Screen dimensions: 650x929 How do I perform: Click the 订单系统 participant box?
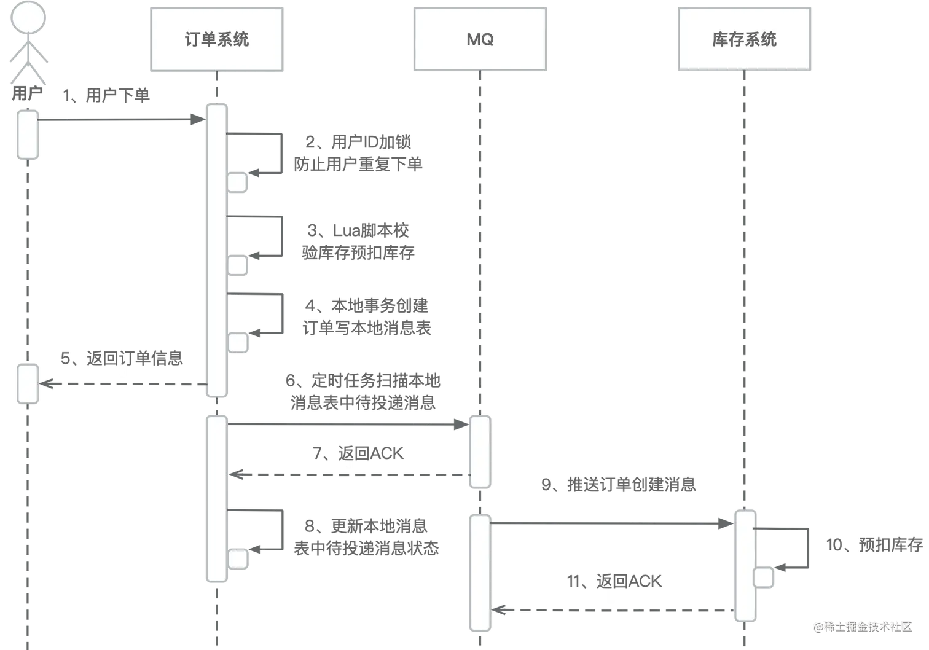216,39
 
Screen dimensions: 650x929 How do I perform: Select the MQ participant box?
479,39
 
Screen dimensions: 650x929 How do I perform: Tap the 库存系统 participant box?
744,39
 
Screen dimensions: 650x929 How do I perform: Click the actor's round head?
26,17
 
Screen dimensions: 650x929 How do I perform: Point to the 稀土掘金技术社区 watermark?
862,626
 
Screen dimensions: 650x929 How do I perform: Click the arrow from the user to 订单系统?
120,119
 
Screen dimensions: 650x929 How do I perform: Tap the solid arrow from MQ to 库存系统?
611,522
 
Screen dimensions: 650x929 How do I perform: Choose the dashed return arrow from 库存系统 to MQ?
614,610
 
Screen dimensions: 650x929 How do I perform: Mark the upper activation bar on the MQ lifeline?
480,452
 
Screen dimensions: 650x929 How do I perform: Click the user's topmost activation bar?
28,135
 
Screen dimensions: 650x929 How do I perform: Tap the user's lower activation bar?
28,384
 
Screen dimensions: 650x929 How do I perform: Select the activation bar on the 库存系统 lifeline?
745,565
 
